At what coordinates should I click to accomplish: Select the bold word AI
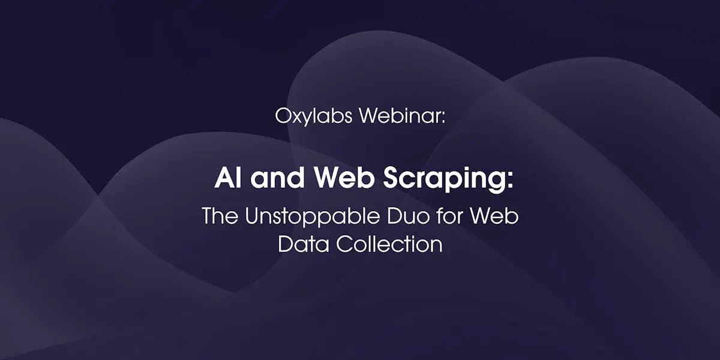coord(227,178)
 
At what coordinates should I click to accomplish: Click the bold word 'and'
coord(277,178)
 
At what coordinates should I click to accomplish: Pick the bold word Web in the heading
coord(344,178)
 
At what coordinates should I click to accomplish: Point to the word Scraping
coord(444,179)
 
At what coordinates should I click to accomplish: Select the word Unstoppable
coord(313,217)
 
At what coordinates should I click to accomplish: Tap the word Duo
coord(408,215)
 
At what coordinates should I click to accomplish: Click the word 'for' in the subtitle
coord(449,215)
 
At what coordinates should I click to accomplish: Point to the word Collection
coord(389,244)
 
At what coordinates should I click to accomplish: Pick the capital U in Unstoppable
coord(253,215)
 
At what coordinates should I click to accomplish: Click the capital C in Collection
coord(344,244)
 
